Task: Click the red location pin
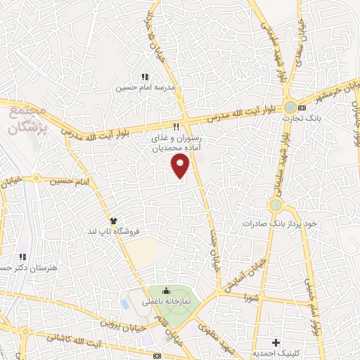click(181, 166)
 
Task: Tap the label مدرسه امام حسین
click(145, 89)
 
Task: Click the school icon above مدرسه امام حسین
click(145, 77)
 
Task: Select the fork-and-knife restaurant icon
click(177, 127)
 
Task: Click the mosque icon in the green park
click(166, 291)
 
